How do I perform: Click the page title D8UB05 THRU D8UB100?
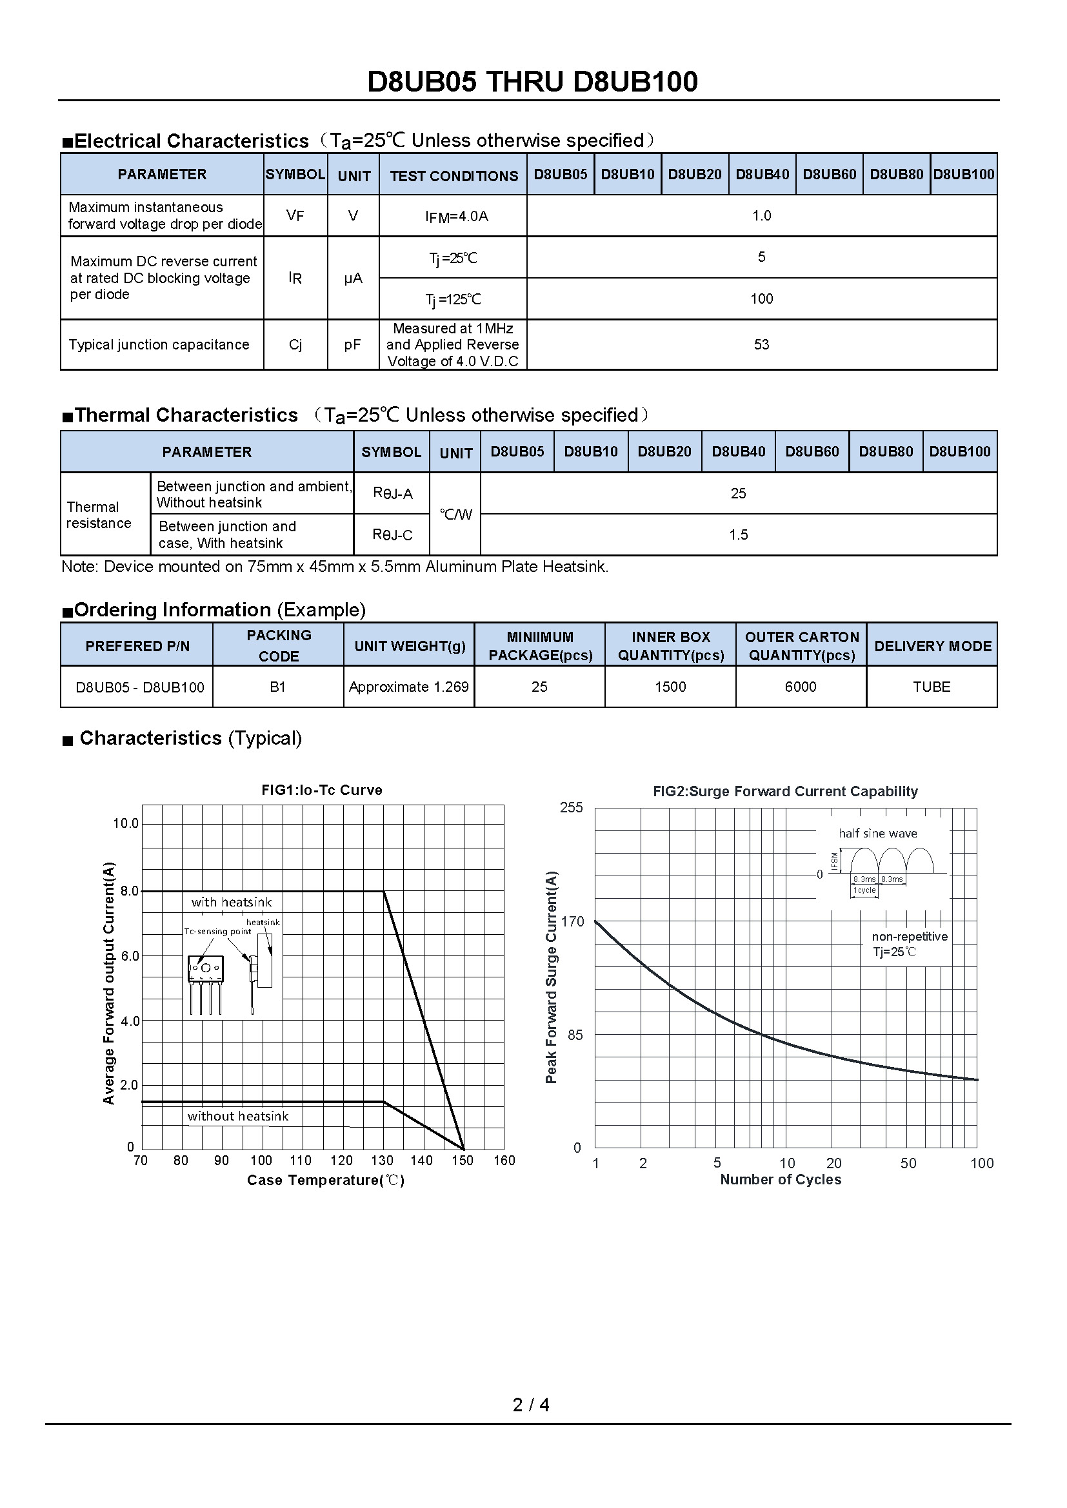(532, 82)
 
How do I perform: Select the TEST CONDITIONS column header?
(454, 176)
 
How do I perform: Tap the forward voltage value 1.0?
(761, 215)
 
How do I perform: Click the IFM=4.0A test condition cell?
(456, 217)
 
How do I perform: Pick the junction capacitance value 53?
(761, 345)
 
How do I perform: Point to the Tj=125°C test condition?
(453, 300)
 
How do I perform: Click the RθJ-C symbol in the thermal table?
(392, 534)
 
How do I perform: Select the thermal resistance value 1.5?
(739, 534)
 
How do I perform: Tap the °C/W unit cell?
(455, 514)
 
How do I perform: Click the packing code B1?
(278, 687)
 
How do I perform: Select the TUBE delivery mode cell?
(931, 687)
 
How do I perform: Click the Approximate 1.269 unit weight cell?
(408, 687)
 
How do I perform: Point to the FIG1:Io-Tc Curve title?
(321, 790)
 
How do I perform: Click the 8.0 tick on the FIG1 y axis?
(130, 891)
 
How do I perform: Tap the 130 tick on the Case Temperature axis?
(382, 1160)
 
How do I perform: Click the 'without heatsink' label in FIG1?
(238, 1116)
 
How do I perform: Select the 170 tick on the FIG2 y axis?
(572, 921)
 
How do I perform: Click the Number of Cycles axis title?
(781, 1179)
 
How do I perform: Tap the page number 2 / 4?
(531, 1405)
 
